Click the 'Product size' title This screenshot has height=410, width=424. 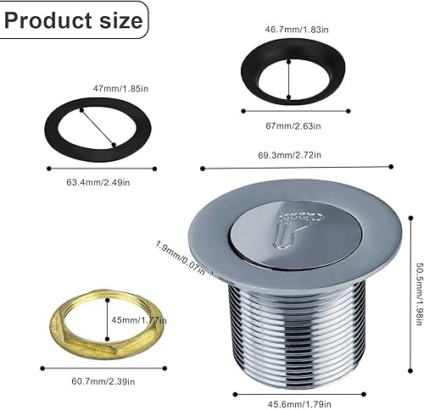pos(74,20)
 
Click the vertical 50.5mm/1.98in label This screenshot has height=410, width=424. pos(416,289)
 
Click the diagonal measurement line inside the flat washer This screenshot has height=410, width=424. pos(99,130)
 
